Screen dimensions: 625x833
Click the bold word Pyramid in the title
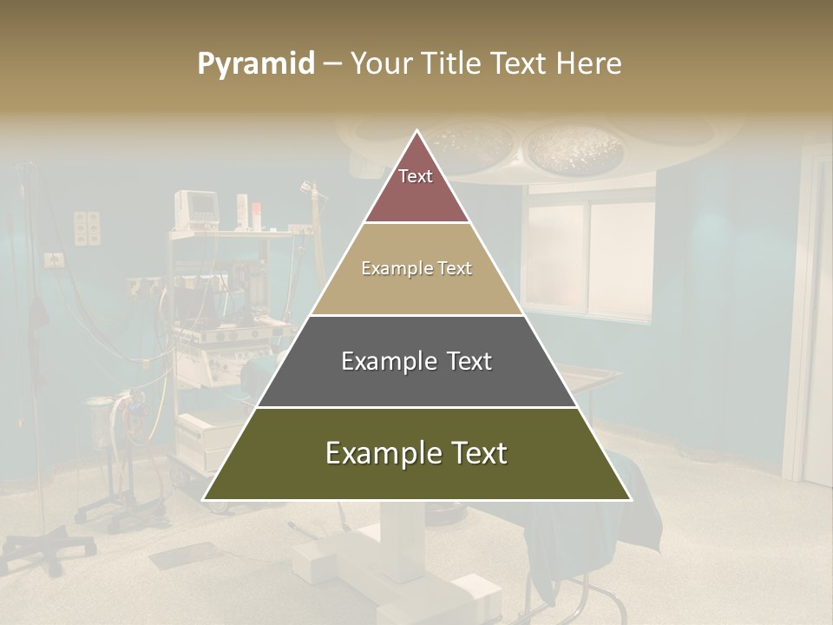click(255, 64)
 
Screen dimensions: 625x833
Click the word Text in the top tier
click(416, 176)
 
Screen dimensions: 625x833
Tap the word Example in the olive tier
click(373, 453)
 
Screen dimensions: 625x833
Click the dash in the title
click(331, 64)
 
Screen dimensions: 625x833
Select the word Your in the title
click(379, 64)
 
